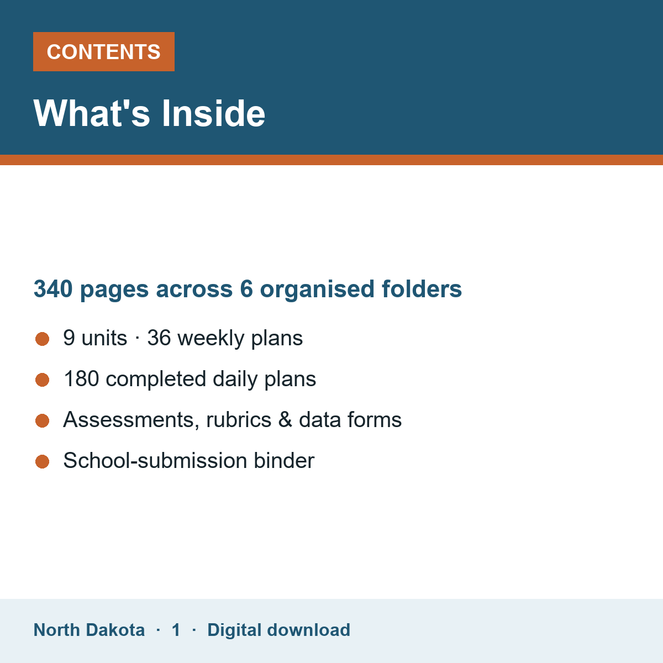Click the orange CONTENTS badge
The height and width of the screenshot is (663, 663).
pos(103,51)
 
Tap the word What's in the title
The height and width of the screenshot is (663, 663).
pos(92,114)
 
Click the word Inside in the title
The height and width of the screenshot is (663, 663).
pos(213,114)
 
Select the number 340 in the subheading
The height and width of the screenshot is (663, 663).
pos(53,288)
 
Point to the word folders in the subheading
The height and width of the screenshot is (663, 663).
pos(422,288)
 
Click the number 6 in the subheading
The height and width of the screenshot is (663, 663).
pos(246,288)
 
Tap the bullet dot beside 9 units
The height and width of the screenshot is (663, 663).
pos(43,339)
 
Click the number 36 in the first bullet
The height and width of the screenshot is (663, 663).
pos(159,338)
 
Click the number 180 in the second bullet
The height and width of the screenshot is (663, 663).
pos(82,379)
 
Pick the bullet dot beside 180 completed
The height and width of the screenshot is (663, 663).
pos(43,380)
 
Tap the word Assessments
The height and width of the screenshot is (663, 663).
pos(131,420)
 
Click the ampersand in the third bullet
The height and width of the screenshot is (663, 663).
pos(285,420)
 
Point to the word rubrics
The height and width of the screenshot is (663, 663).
pos(239,420)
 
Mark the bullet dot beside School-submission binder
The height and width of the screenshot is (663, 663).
pos(43,461)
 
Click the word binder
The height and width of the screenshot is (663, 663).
pos(284,460)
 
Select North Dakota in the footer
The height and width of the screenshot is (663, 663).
pos(89,630)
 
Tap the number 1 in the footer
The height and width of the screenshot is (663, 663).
pos(176,630)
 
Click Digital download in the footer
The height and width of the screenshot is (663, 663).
pos(278,630)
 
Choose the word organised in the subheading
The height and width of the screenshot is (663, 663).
pos(317,290)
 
